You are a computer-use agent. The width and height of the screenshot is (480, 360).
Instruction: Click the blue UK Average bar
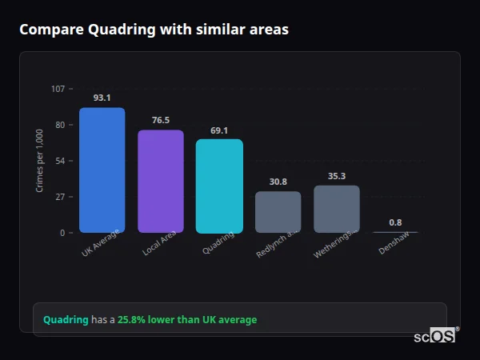102,170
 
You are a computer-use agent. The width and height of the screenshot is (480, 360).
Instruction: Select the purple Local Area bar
160,182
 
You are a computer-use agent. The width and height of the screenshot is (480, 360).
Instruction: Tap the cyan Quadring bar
219,186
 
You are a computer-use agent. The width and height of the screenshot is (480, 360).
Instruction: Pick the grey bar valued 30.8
278,212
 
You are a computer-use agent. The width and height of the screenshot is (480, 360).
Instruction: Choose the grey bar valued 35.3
336,209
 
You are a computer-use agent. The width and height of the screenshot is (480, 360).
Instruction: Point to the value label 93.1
102,98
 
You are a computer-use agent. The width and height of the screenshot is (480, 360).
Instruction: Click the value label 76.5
160,120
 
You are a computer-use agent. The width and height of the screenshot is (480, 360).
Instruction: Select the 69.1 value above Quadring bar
219,130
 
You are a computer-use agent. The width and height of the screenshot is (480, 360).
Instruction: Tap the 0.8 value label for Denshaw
395,222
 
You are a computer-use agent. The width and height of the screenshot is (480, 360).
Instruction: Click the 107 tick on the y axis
58,89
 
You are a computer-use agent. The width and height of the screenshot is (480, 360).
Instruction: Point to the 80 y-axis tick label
59,125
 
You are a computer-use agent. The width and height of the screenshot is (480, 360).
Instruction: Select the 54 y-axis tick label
59,161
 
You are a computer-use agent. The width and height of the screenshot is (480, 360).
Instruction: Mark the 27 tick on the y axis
59,197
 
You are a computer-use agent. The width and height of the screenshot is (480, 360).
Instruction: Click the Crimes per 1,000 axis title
39,161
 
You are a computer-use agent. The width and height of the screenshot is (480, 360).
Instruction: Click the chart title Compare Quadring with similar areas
154,30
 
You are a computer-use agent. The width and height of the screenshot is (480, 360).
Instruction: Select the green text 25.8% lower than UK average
187,320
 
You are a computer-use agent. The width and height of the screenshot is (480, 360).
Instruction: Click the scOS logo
434,336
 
